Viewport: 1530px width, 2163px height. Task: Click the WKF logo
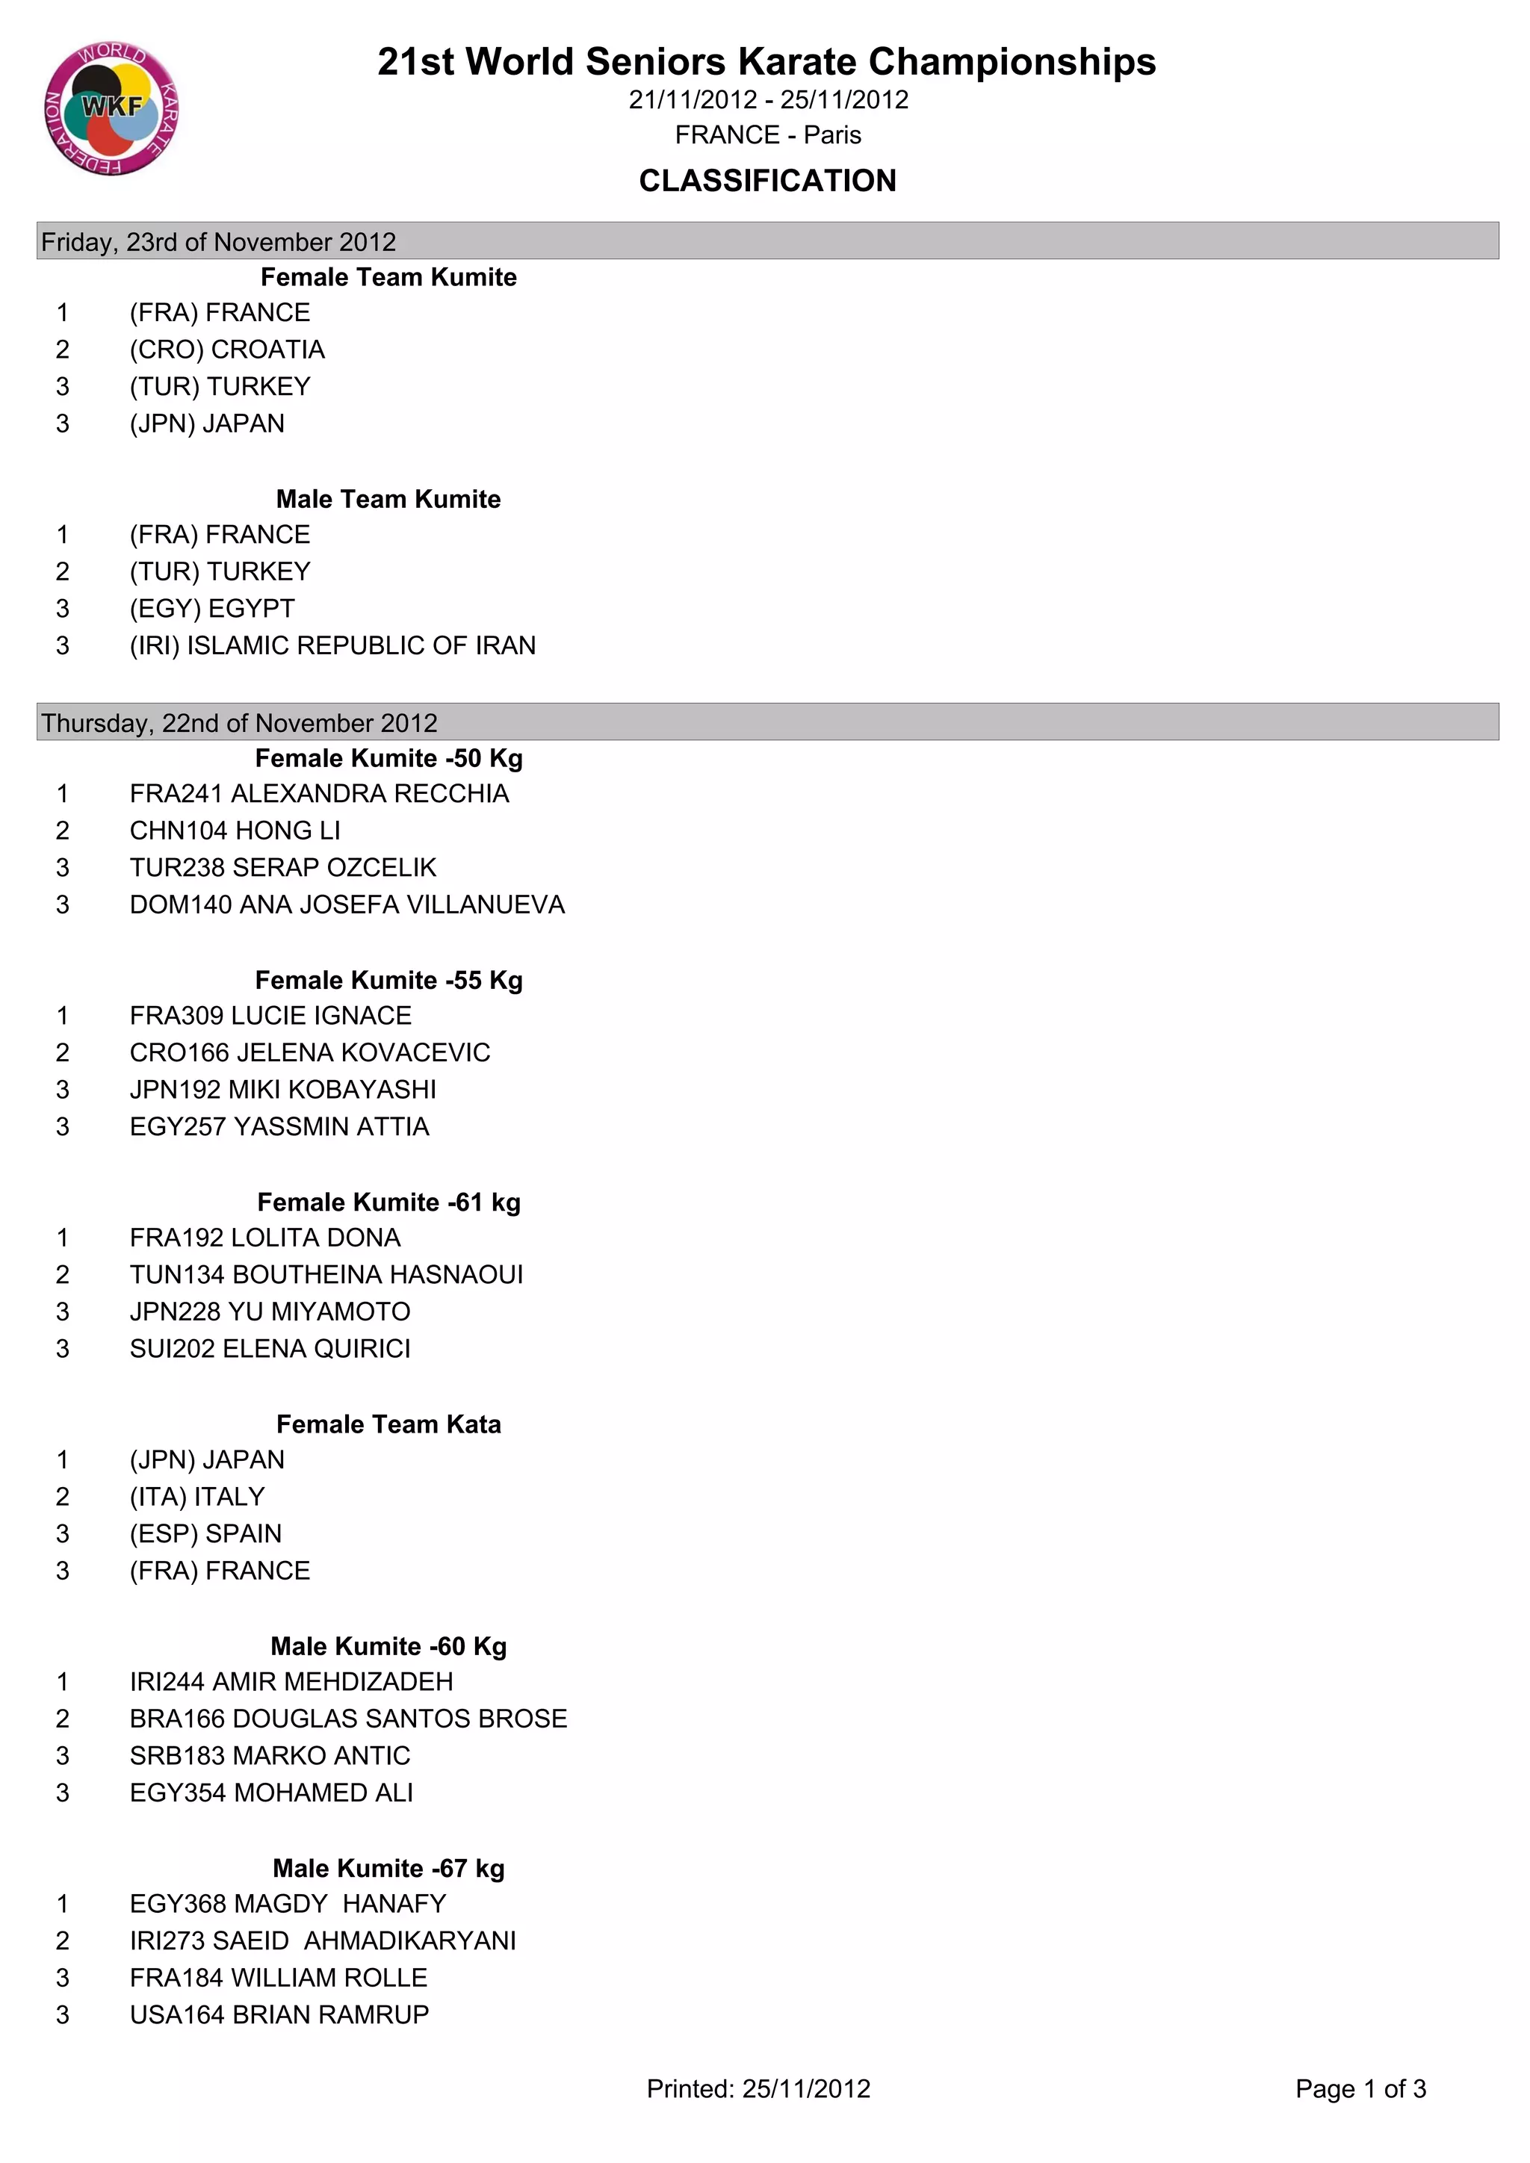click(111, 108)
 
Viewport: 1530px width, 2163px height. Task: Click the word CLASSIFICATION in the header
click(767, 181)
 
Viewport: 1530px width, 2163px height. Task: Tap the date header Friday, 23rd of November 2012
click(219, 242)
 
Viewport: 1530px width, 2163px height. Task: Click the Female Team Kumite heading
click(388, 277)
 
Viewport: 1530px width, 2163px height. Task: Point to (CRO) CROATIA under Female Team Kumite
click(227, 350)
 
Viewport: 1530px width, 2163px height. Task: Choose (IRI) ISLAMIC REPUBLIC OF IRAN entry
click(332, 645)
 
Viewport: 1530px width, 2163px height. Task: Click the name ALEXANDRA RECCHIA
click(369, 793)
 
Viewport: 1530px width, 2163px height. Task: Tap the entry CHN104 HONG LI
click(235, 830)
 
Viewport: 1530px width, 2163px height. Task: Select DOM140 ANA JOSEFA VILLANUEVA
click(347, 904)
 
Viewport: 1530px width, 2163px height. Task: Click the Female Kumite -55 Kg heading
click(388, 980)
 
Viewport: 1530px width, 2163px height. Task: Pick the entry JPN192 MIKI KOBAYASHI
click(282, 1089)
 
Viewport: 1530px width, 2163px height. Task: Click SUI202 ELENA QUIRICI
click(270, 1348)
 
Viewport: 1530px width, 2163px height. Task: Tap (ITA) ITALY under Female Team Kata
click(197, 1496)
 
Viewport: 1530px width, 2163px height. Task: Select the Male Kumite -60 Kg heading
click(388, 1646)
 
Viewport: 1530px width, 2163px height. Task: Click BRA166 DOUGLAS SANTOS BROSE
click(347, 1719)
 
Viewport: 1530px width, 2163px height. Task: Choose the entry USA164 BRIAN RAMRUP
click(279, 2014)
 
